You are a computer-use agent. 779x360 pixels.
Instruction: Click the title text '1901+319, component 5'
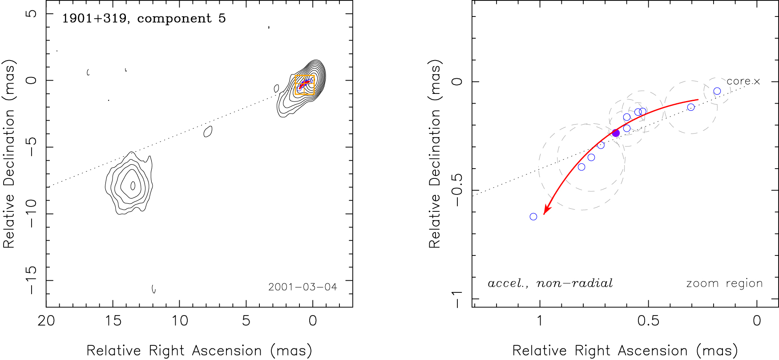[x=144, y=19]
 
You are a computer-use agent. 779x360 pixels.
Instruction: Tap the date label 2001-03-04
[x=303, y=287]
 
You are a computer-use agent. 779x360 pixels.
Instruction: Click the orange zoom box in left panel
[x=305, y=85]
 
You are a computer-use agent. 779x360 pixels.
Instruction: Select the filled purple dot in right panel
[x=616, y=133]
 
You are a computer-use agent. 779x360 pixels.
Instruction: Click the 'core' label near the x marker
[x=739, y=81]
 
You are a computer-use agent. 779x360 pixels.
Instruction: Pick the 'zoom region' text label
[x=724, y=283]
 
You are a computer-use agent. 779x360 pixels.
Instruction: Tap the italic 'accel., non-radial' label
[x=550, y=283]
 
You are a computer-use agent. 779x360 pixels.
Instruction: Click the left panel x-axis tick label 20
[x=46, y=321]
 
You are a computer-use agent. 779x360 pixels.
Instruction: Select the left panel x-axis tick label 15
[x=113, y=321]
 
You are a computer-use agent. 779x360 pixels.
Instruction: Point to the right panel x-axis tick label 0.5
[x=648, y=321]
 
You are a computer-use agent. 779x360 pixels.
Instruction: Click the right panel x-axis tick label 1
[x=540, y=321]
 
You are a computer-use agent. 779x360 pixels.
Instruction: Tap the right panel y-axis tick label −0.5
[x=456, y=190]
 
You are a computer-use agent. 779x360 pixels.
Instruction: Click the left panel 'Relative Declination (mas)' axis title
[x=9, y=154]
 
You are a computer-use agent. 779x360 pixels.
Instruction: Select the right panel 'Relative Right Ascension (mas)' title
[x=625, y=351]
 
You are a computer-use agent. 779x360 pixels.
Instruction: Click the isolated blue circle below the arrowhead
[x=533, y=217]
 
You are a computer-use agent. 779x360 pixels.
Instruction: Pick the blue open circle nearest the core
[x=717, y=91]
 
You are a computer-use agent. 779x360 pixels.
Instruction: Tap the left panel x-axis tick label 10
[x=180, y=321]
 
